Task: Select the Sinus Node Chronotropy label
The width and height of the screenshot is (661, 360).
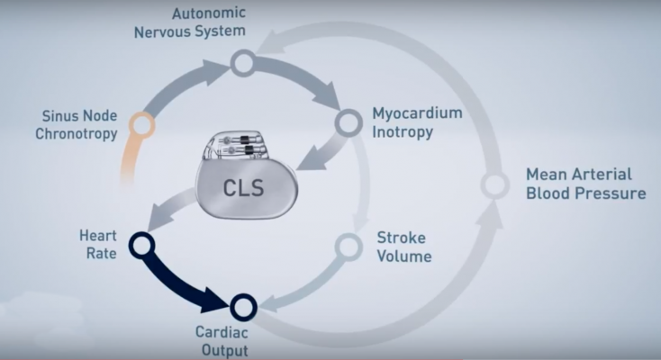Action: pyautogui.click(x=79, y=126)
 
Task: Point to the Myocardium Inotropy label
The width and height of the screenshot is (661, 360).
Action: pyautogui.click(x=417, y=123)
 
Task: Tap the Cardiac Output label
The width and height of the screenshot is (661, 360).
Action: pyautogui.click(x=221, y=341)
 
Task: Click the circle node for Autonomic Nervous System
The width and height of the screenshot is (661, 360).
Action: pyautogui.click(x=241, y=63)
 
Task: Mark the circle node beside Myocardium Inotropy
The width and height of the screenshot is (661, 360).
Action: pyautogui.click(x=347, y=121)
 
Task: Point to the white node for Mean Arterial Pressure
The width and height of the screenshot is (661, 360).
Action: pyautogui.click(x=494, y=185)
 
